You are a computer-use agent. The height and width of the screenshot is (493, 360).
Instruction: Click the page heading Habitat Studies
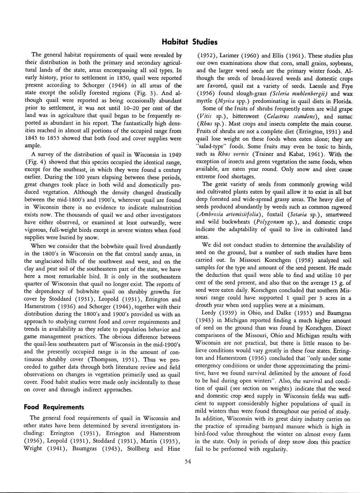click(189, 42)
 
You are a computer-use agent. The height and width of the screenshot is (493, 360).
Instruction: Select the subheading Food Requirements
click(54, 407)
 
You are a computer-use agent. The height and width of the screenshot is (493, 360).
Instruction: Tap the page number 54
click(188, 461)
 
